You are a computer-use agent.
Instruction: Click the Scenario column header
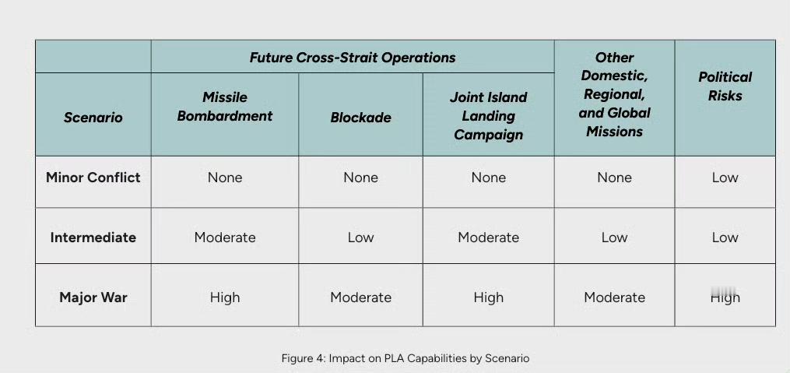(93, 118)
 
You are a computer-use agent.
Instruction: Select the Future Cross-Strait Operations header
(353, 58)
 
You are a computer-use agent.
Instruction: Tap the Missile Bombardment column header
(225, 107)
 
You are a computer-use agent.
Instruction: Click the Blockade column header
(360, 118)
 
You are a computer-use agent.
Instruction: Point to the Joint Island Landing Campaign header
(488, 116)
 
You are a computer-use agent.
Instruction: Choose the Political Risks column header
(725, 86)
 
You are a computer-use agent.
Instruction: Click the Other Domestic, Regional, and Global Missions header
(614, 94)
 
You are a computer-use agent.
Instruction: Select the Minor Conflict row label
(93, 178)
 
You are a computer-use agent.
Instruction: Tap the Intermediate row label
(93, 238)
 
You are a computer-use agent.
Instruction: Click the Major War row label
(93, 297)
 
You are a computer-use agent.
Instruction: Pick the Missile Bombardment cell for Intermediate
(225, 238)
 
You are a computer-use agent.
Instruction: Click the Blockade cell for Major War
(360, 297)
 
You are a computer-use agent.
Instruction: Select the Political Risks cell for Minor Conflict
(725, 178)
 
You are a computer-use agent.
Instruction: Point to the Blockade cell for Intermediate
(360, 238)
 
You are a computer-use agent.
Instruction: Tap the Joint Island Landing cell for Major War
(488, 297)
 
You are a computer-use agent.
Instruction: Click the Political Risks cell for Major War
(725, 297)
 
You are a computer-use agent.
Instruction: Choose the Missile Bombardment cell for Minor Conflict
(225, 178)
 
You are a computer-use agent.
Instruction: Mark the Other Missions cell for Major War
(614, 297)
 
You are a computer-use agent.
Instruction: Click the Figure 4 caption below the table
(405, 358)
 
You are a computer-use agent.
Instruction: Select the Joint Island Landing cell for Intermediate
(488, 238)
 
